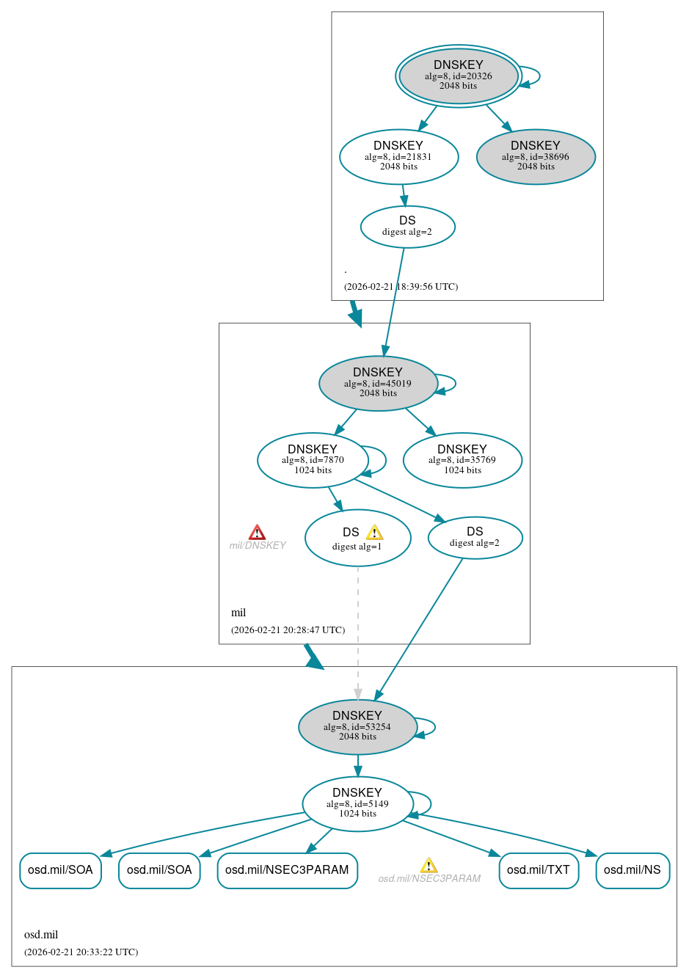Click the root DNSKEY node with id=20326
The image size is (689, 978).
point(459,76)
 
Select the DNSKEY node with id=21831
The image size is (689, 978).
point(398,156)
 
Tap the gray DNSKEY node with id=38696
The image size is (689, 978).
point(536,156)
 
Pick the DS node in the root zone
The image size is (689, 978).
point(407,227)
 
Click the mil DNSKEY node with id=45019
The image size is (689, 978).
point(378,383)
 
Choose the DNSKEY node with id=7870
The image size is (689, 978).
point(313,460)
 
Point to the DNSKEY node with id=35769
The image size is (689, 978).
point(462,460)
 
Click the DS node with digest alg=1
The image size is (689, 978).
point(357,539)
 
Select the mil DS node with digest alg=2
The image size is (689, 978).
point(475,537)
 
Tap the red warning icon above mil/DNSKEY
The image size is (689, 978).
point(257,532)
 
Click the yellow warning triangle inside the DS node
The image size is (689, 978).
point(374,533)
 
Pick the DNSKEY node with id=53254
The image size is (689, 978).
point(357,726)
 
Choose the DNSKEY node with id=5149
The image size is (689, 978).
point(357,803)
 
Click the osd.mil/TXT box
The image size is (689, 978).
point(539,870)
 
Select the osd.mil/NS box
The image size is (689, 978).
point(633,870)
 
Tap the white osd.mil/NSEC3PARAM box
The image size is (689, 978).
point(287,870)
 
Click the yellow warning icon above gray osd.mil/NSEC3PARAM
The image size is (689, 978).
point(429,866)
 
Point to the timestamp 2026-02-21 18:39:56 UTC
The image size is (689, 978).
point(401,287)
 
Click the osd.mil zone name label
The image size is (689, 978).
point(41,935)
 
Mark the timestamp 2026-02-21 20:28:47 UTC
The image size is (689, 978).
point(288,630)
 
